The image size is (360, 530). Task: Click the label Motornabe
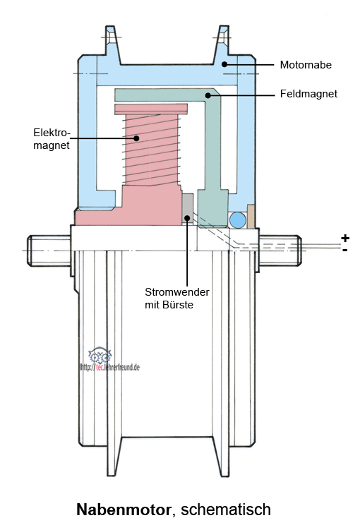(306, 64)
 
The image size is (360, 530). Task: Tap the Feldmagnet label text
(308, 94)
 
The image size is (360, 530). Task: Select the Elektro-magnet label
(52, 138)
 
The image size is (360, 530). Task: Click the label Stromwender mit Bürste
(176, 298)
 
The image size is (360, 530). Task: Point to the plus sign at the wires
(344, 238)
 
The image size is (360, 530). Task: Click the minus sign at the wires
(344, 250)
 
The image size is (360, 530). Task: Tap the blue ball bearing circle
(238, 220)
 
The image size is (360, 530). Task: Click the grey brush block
(188, 208)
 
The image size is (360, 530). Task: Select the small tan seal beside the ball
(251, 217)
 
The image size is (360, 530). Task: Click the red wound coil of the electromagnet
(152, 150)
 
